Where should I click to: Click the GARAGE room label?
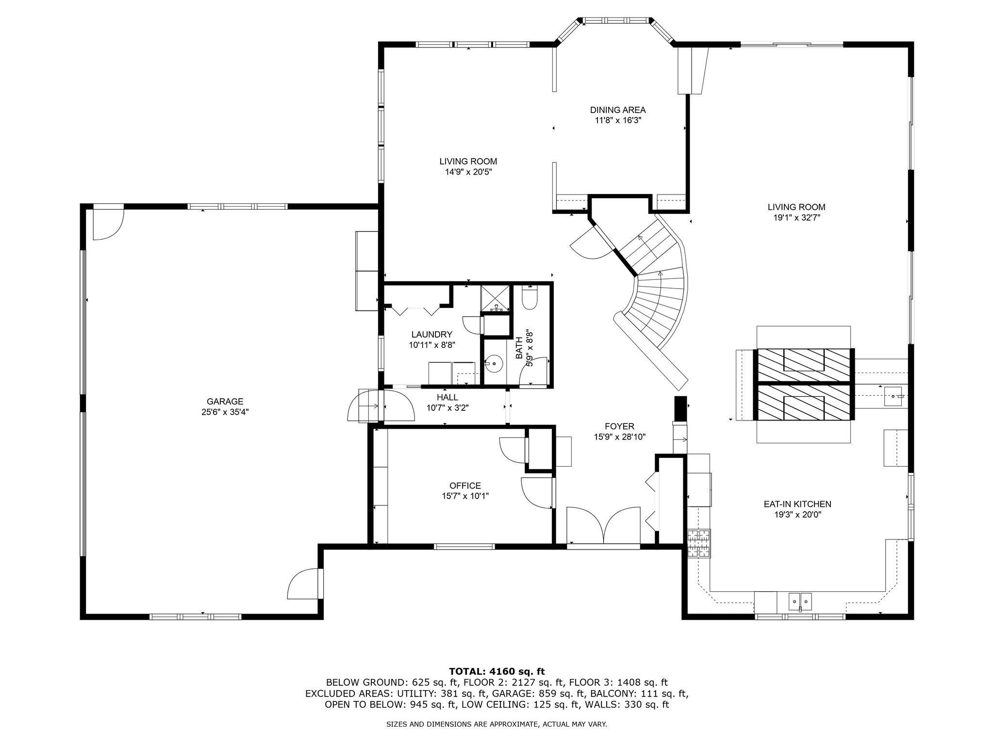[x=225, y=402]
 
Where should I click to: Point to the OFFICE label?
[x=465, y=486]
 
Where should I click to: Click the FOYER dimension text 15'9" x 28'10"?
[x=619, y=437]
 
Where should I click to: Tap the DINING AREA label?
[x=618, y=110]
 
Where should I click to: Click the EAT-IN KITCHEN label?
[x=797, y=504]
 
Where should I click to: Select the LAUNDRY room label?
[x=431, y=334]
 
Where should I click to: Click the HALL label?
[x=447, y=397]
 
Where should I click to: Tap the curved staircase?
[x=661, y=301]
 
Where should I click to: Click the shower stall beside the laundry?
[x=496, y=298]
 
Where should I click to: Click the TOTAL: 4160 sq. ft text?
[x=497, y=671]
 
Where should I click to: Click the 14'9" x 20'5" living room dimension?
[x=468, y=172]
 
